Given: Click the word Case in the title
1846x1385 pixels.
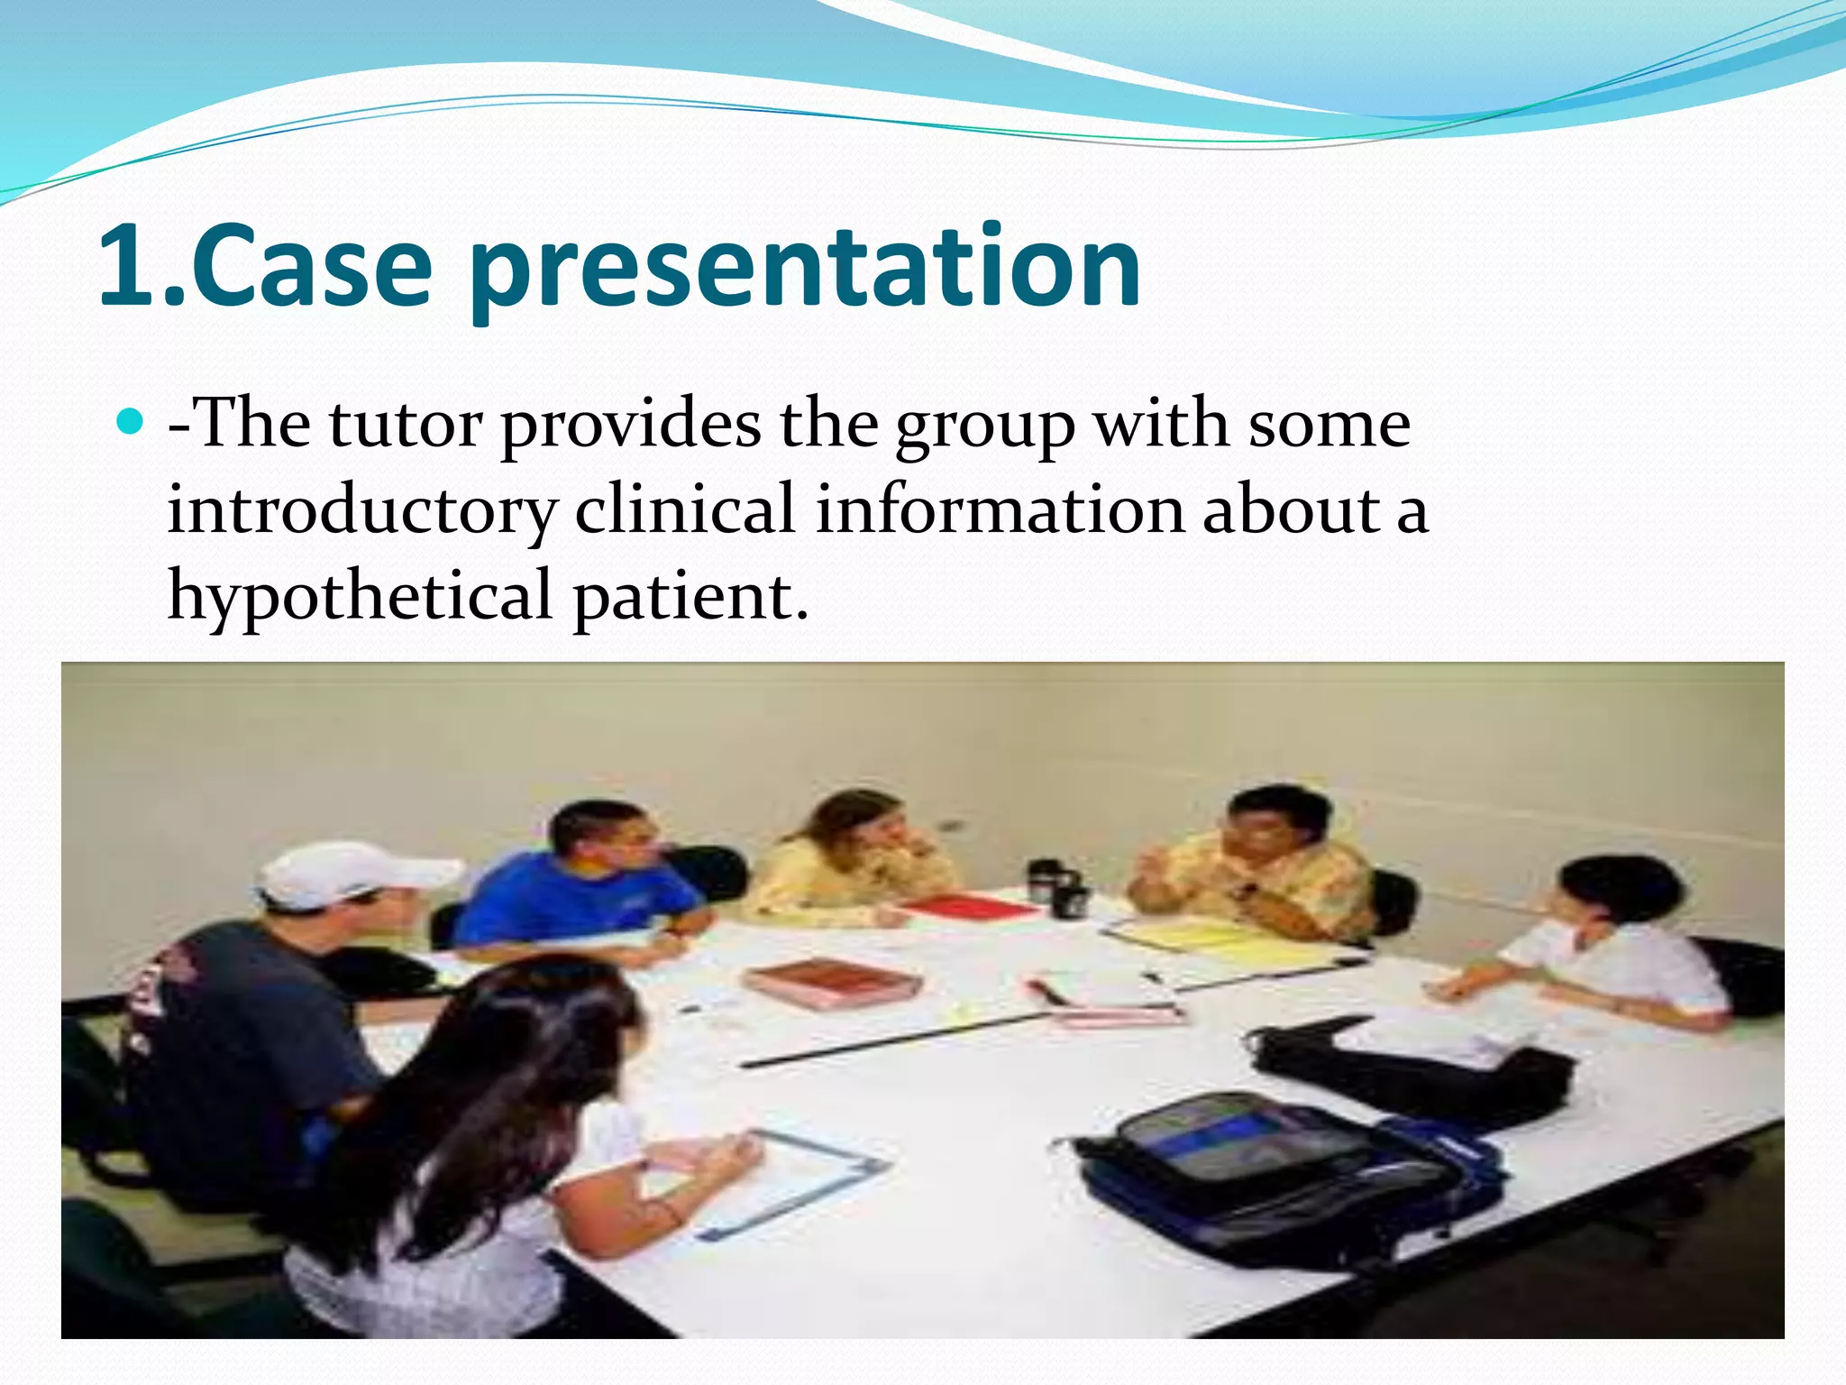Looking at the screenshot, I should point(311,267).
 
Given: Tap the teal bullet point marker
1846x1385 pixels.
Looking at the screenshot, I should point(132,422).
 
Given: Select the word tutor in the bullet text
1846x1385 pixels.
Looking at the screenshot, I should point(405,424).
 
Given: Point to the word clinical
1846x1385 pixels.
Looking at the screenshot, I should point(685,509).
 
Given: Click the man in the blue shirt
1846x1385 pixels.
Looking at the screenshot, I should point(586,884).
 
